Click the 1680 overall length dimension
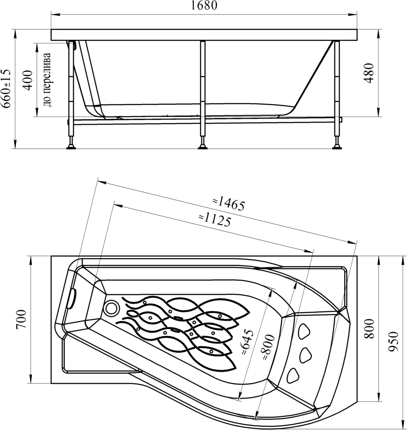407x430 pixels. click(x=204, y=6)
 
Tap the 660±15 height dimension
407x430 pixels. click(x=6, y=88)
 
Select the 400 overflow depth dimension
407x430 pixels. click(x=28, y=80)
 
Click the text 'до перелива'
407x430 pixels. click(x=47, y=79)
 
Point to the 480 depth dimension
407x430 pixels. click(x=369, y=73)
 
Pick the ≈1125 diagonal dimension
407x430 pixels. click(x=215, y=220)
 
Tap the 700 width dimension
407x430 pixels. click(x=21, y=319)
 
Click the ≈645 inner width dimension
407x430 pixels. click(x=248, y=343)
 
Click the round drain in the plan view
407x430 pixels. click(x=112, y=307)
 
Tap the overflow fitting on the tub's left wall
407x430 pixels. click(x=73, y=299)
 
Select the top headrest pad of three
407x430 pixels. click(x=304, y=331)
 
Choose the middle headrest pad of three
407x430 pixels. click(x=306, y=355)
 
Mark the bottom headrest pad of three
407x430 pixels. click(x=293, y=375)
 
